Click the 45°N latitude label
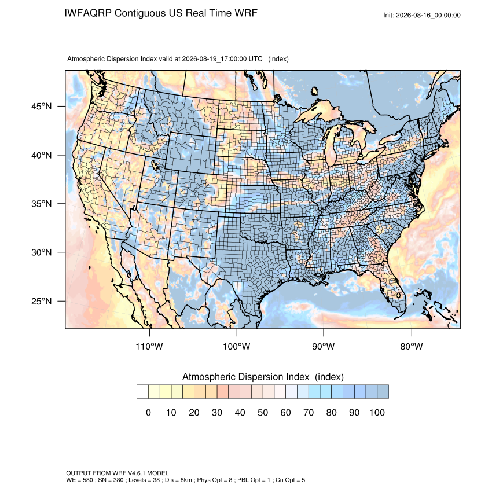[x=42, y=107]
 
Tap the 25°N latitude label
[x=42, y=301]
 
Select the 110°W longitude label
[x=149, y=346]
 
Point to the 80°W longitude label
[x=412, y=346]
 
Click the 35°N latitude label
[x=42, y=204]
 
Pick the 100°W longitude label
[x=237, y=346]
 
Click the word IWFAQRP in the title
[x=88, y=13]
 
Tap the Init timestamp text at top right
[x=422, y=16]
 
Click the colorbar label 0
[x=148, y=412]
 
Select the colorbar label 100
[x=377, y=412]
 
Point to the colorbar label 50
[x=263, y=412]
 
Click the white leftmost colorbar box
[x=142, y=392]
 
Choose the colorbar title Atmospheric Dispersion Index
[x=245, y=377]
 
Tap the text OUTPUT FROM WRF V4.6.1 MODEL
[x=118, y=473]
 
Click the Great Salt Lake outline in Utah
[x=155, y=165]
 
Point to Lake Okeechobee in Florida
[x=398, y=295]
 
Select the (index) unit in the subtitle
[x=278, y=59]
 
